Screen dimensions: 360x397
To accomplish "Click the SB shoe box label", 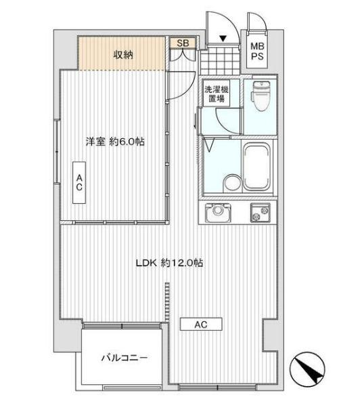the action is [183, 43].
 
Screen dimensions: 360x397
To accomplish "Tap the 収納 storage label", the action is [123, 54].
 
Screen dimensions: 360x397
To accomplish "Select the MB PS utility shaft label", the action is [257, 51].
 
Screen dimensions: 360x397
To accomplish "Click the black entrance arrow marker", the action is [223, 39].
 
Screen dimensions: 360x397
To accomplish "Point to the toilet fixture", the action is [261, 96].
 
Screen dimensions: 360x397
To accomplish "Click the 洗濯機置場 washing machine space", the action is [217, 94].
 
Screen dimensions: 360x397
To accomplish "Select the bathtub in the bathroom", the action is [256, 167].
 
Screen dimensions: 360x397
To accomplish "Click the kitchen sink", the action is [218, 212].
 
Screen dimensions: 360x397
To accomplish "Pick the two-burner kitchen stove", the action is [260, 213].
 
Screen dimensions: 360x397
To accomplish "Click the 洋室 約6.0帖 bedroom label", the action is [115, 142].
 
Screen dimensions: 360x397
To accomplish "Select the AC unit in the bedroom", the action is [79, 182].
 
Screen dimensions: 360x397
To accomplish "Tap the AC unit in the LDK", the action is [201, 325].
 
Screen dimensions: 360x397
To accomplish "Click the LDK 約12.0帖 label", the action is [169, 263].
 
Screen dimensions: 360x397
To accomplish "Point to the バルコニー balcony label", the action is [124, 358].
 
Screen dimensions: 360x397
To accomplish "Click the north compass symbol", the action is [307, 368].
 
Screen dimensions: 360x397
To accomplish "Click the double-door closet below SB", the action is [183, 54].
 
